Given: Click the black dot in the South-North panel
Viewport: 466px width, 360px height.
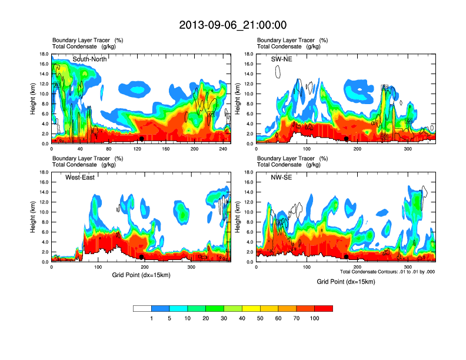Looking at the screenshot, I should click(x=141, y=139).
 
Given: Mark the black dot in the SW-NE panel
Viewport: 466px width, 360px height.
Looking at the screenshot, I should click(x=347, y=139).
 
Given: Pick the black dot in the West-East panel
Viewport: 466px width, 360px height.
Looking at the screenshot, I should click(x=141, y=257).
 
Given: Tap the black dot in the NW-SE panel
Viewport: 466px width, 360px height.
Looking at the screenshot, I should click(x=347, y=257).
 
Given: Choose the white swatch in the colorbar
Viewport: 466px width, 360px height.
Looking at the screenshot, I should click(x=142, y=308).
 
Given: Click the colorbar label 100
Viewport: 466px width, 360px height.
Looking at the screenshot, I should click(x=314, y=318).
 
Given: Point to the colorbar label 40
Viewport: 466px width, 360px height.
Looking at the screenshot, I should click(x=242, y=318).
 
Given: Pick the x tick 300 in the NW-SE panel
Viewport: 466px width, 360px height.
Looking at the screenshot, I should click(x=408, y=268).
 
